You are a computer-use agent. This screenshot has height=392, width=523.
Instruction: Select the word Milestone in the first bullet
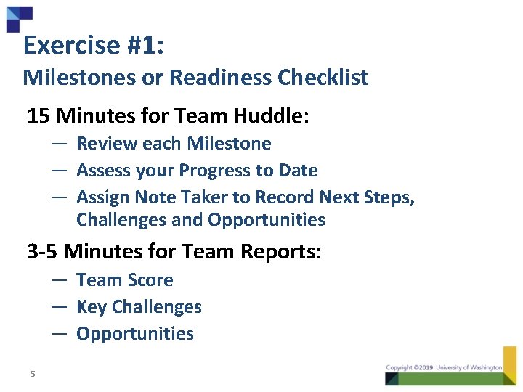point(228,144)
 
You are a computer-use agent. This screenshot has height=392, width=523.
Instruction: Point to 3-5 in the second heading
point(43,252)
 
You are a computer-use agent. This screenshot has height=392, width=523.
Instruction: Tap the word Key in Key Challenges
point(91,307)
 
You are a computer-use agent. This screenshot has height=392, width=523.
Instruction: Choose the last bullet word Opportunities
point(135,334)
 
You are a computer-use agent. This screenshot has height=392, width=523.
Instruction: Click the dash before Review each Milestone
point(60,144)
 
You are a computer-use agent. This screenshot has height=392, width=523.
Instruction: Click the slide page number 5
point(33,374)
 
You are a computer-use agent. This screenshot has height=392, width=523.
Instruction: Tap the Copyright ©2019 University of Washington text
point(444,368)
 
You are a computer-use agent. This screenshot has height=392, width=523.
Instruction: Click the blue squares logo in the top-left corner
point(19,18)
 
